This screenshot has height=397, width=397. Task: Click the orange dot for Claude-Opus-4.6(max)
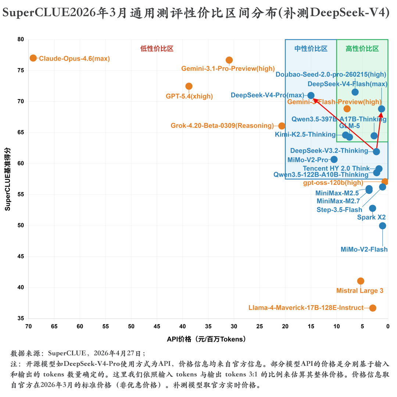[x=33, y=58]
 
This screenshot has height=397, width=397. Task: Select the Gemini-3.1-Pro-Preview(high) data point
[x=229, y=60]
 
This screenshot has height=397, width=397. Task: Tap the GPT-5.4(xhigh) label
[x=189, y=97]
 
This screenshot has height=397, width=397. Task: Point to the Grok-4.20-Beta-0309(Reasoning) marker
[x=282, y=126]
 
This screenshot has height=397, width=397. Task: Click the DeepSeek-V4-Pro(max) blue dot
[x=311, y=95]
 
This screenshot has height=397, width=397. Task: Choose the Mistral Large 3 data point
[x=361, y=281]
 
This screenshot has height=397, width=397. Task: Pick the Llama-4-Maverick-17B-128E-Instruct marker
[x=373, y=308]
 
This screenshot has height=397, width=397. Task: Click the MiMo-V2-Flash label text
[x=364, y=249]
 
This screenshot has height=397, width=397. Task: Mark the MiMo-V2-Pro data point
[x=334, y=159]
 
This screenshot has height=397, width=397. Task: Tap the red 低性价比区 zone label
[x=157, y=48]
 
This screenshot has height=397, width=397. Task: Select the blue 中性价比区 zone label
[x=311, y=48]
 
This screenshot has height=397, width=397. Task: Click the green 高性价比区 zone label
[x=362, y=48]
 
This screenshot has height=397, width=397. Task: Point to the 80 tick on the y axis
[x=21, y=40]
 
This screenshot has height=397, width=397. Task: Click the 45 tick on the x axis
[x=157, y=326]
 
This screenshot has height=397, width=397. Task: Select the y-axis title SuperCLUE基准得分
[x=7, y=179]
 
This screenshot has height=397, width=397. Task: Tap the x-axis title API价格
[x=206, y=339]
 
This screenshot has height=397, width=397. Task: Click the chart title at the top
[x=196, y=13]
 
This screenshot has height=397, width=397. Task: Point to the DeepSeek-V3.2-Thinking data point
[x=376, y=151]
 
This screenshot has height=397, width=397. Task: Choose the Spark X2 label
[x=371, y=217]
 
